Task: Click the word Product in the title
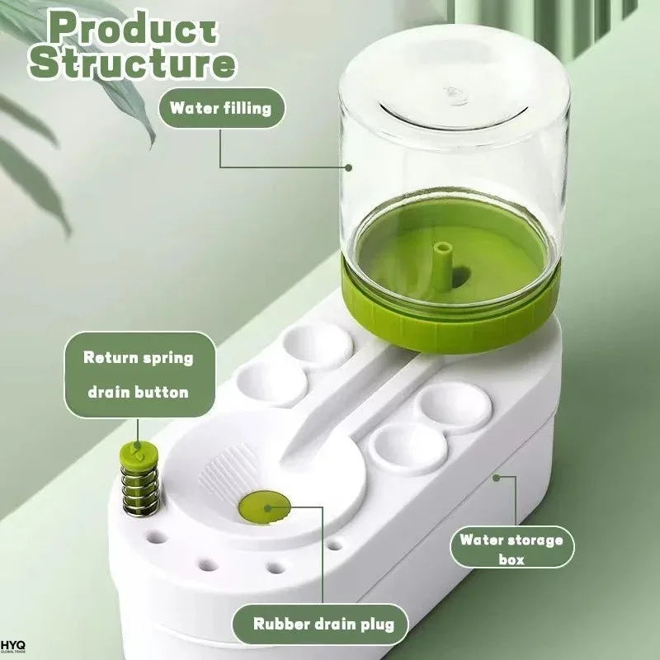point(134,28)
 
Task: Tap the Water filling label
point(221,108)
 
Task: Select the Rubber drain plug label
point(321,624)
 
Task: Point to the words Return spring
point(139,358)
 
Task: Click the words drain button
point(139,393)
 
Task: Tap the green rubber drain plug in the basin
point(265,507)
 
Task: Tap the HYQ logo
point(13,647)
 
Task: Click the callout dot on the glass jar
point(348,167)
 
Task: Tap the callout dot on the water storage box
point(497,478)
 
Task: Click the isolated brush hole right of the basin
point(335,545)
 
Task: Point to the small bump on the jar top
point(455,96)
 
